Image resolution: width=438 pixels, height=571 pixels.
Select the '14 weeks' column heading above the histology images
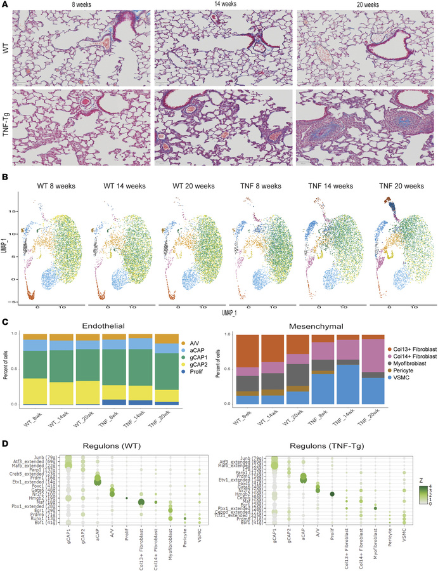[x=221, y=4]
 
